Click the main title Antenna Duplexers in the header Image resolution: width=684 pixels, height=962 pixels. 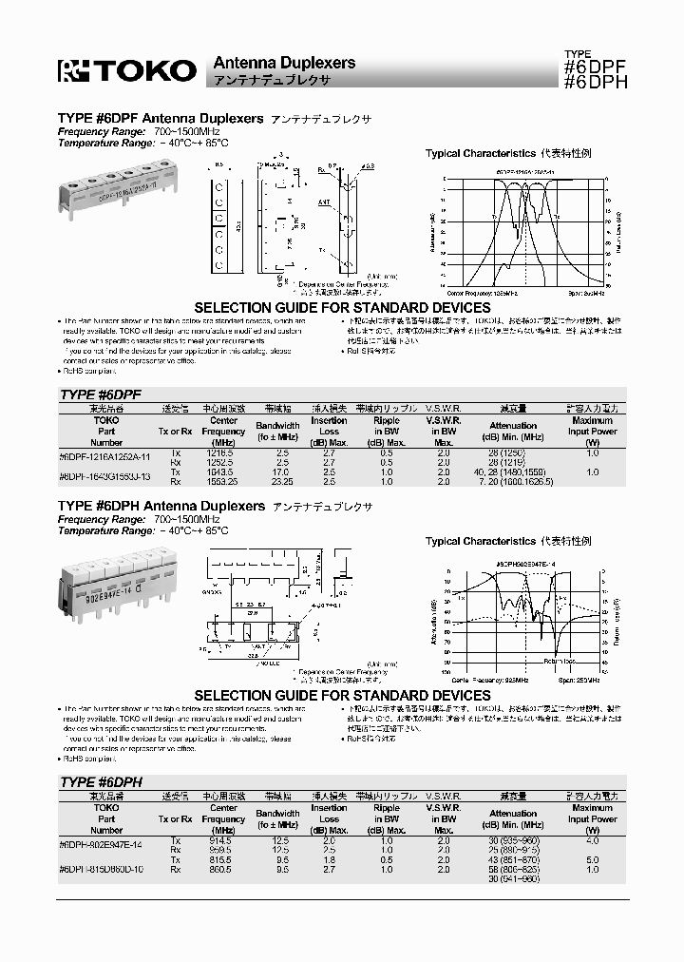coord(283,63)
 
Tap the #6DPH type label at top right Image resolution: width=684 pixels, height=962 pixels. coord(595,82)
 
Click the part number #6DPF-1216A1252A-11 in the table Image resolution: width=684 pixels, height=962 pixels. coord(104,455)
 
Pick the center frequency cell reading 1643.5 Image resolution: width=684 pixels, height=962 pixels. coord(223,471)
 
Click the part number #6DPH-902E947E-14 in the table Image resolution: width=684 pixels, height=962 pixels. coord(102,843)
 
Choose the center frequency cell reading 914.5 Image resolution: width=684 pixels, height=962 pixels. coord(223,840)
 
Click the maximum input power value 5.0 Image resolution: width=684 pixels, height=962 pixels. coord(592,859)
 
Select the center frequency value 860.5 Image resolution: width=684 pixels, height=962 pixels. coord(223,869)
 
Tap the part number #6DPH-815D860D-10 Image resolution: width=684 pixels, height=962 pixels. coord(102,869)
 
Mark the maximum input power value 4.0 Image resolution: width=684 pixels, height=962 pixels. coord(592,840)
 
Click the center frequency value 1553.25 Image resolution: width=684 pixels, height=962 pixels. coord(223,481)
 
